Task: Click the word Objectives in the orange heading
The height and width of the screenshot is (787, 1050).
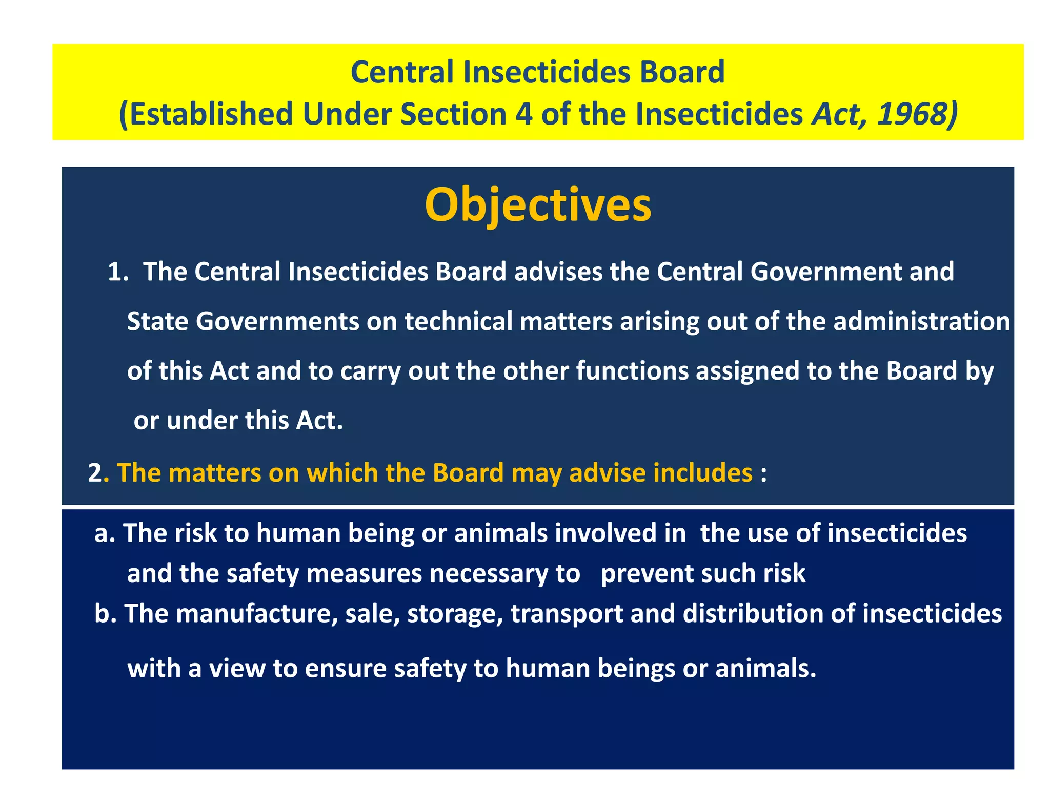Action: point(538,205)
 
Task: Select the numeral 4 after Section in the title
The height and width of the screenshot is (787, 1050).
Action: point(523,114)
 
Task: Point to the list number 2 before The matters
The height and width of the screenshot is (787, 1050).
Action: point(95,472)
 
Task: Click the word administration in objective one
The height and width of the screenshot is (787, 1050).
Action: point(921,322)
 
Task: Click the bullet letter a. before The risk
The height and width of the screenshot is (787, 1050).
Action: point(105,533)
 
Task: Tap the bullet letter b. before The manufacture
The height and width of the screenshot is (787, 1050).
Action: point(106,613)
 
